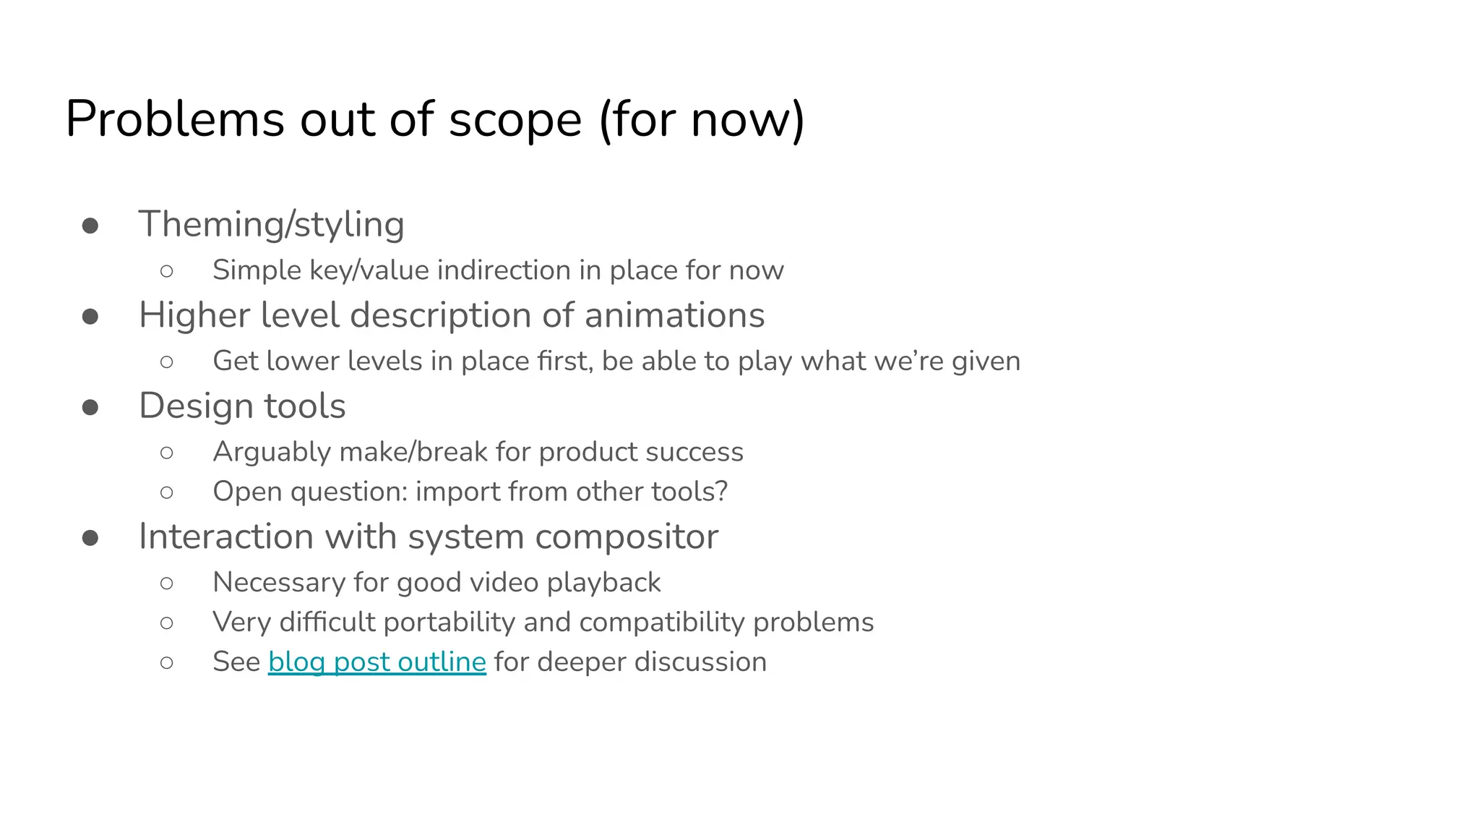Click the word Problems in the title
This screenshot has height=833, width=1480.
(x=174, y=119)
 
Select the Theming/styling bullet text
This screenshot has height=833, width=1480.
(x=271, y=224)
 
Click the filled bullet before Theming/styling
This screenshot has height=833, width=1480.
(x=90, y=226)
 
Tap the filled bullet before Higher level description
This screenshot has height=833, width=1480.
(x=90, y=317)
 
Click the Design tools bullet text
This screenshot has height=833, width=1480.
(x=242, y=406)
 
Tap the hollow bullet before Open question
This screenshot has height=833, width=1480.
(x=167, y=493)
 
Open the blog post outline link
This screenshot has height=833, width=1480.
(x=377, y=662)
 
